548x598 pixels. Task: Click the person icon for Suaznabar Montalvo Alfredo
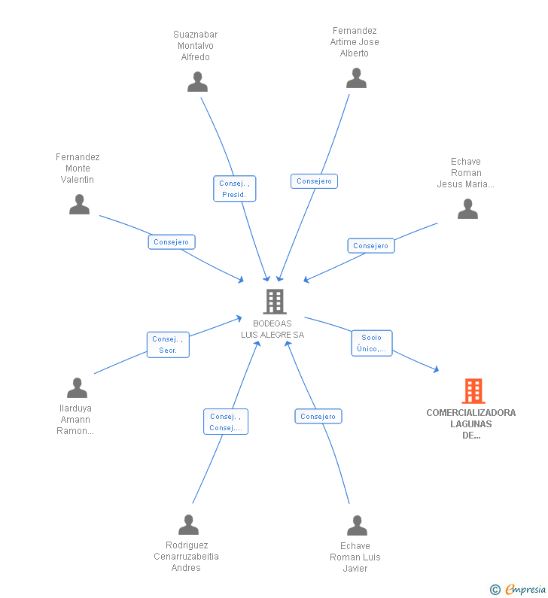[198, 82]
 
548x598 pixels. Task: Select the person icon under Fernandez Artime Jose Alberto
[357, 77]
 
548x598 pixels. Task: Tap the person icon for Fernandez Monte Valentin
[79, 204]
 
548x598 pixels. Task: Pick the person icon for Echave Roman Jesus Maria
[468, 208]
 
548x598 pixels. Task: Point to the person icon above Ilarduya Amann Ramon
[77, 387]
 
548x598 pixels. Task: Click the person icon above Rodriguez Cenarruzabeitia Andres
[188, 524]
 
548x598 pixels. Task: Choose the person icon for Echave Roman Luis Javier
[358, 525]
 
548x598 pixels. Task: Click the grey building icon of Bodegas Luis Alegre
[275, 302]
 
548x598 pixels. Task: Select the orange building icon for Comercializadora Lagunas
[473, 391]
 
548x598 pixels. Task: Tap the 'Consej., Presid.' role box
[234, 188]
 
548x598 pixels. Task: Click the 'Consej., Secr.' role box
[168, 345]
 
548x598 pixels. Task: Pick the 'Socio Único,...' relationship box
[372, 343]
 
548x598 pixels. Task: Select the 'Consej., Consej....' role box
[226, 421]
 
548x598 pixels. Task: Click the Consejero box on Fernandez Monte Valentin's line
[172, 241]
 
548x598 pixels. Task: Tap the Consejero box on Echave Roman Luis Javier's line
[318, 416]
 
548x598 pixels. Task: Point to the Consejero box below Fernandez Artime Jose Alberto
[314, 181]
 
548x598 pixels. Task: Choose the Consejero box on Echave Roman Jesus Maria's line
[371, 246]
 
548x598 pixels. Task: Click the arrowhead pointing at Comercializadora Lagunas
[436, 369]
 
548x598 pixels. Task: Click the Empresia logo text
[525, 589]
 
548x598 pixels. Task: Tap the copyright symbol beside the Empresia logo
[495, 590]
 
